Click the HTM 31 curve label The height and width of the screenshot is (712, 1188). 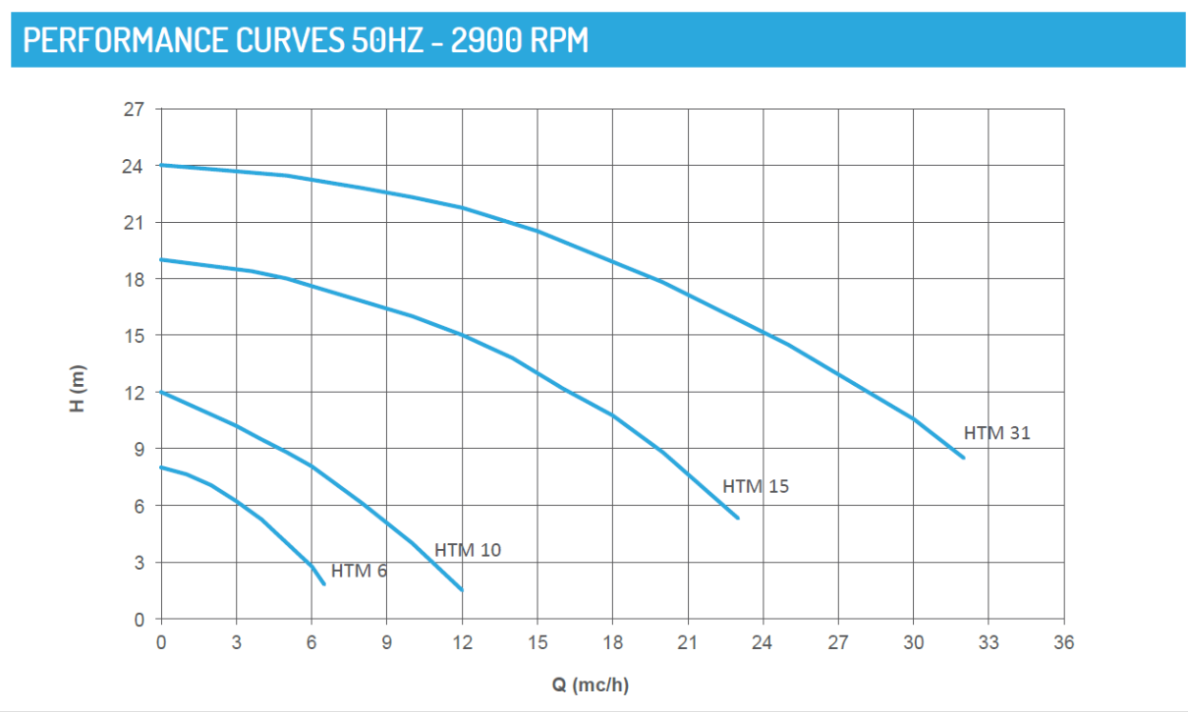click(x=996, y=432)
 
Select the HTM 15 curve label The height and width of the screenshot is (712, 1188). click(x=756, y=486)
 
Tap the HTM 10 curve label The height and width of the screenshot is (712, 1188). click(x=468, y=550)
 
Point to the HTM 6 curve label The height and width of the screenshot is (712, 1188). click(x=359, y=571)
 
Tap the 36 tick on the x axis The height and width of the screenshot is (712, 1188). click(x=1063, y=643)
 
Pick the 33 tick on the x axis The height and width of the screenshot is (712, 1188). click(x=989, y=643)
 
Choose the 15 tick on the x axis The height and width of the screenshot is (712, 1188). click(x=537, y=643)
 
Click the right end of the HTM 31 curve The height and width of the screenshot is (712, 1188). click(x=964, y=458)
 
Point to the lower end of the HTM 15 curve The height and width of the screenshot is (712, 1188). click(x=738, y=518)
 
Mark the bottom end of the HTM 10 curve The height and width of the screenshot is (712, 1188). click(x=462, y=590)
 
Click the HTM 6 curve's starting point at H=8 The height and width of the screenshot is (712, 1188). click(x=162, y=467)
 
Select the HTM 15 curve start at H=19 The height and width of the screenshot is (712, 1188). click(x=162, y=259)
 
